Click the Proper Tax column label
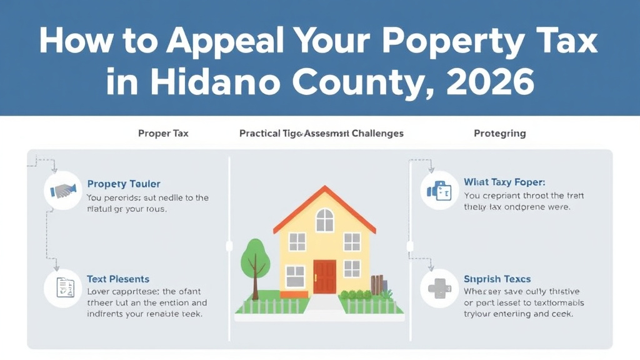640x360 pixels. point(163,133)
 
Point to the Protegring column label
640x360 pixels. point(499,133)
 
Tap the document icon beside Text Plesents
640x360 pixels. point(64,287)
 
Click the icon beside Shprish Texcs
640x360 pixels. point(440,287)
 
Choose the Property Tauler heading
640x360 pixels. point(124,184)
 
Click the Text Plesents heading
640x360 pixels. point(118,279)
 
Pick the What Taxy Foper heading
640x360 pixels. point(504,182)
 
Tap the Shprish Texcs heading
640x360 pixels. point(497,279)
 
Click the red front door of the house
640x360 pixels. point(324,277)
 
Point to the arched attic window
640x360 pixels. point(324,220)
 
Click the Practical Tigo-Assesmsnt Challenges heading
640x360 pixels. point(321,133)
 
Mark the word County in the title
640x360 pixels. point(364,82)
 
